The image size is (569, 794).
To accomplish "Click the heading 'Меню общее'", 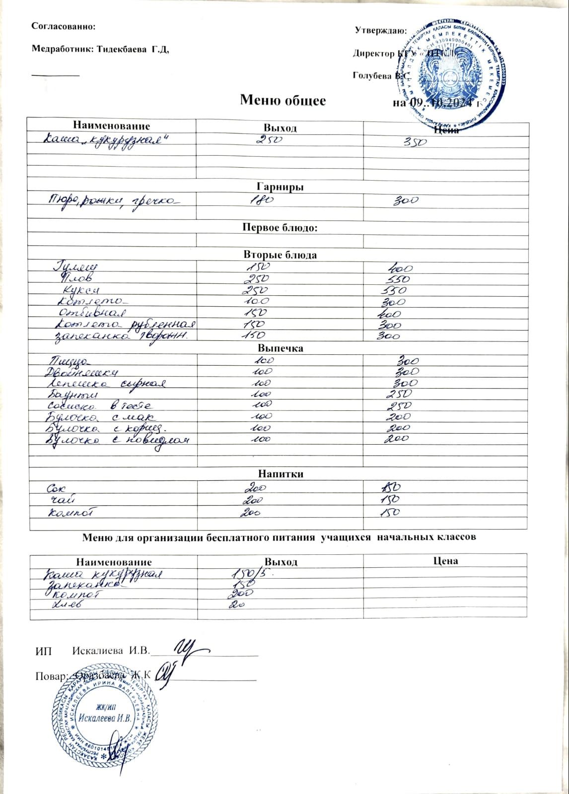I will [x=283, y=101].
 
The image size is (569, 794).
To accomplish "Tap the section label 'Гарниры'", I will [x=280, y=187].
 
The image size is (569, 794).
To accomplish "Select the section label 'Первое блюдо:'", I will [x=280, y=228].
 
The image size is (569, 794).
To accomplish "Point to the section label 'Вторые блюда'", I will [x=280, y=255].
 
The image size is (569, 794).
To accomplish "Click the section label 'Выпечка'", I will [x=280, y=348].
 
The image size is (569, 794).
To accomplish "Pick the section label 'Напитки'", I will [x=280, y=474].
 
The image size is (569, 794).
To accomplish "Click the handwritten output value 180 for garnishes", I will [x=260, y=200].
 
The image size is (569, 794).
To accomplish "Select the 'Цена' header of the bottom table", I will [x=445, y=561].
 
